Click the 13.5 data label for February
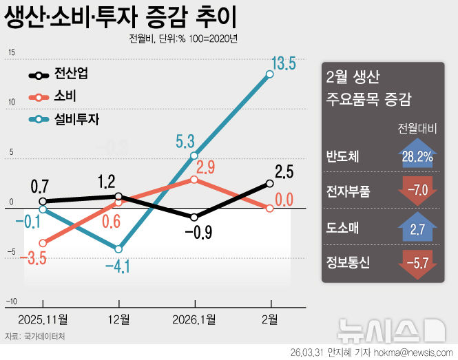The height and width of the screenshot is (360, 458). coord(282,65)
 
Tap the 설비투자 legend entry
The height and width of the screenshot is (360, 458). coord(76,119)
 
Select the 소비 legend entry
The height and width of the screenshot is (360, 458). coord(65,96)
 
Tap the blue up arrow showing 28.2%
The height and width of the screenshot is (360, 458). coord(416,156)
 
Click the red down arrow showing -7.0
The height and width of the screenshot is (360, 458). coord(416,191)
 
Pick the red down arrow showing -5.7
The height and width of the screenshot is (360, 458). coord(416,261)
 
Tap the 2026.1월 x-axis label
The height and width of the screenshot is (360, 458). coord(194,319)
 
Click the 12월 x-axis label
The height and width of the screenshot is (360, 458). coord(118,319)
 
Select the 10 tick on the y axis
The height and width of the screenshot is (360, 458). coord(11,102)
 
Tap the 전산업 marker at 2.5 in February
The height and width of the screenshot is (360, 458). coord(270,183)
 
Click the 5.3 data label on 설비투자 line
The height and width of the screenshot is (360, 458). coord(185,142)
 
